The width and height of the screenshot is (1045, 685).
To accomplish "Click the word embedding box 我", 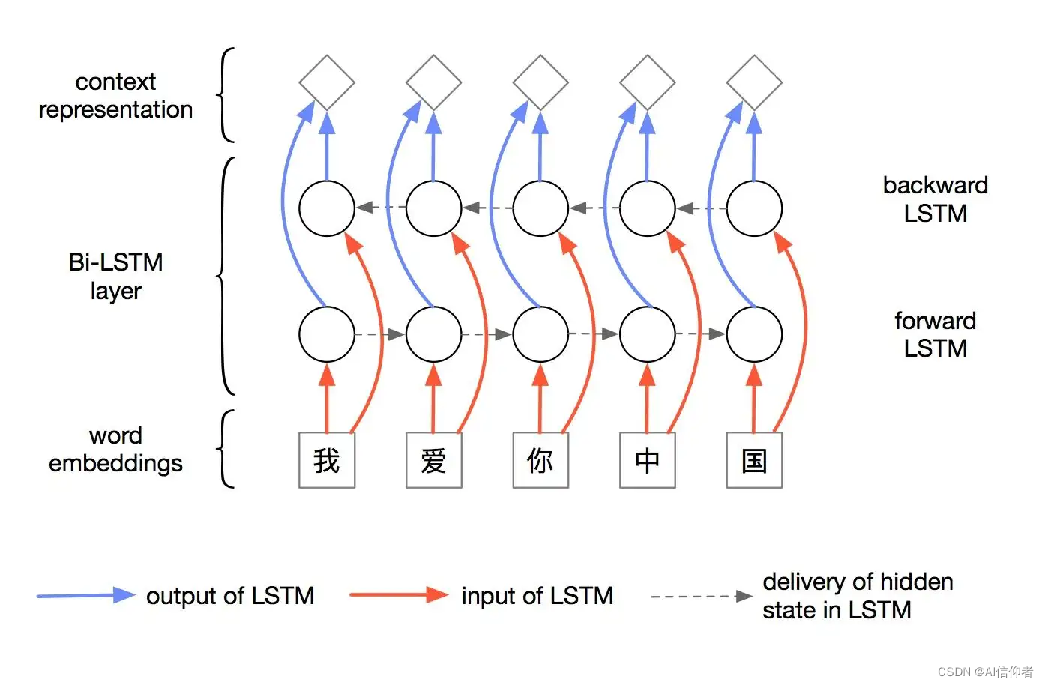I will point(327,460).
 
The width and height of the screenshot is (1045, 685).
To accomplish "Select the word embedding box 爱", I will point(433,460).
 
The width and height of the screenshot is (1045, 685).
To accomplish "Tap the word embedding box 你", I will point(540,460).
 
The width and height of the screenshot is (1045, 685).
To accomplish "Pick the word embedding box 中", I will point(648,460).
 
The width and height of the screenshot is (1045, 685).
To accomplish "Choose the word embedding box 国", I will point(754,460).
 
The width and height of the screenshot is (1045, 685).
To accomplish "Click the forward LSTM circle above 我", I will point(327,334).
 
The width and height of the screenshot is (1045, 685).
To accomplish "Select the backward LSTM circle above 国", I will point(754,208).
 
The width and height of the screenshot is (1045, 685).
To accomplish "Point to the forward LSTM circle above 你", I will point(540,334).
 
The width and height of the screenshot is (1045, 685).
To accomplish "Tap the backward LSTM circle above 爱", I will point(433,208).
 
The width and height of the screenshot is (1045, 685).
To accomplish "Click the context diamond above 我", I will point(327,82).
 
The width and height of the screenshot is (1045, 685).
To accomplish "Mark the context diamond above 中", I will point(648,82).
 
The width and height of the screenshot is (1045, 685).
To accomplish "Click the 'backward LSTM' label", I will point(935,199).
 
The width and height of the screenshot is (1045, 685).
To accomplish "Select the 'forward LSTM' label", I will point(935,334).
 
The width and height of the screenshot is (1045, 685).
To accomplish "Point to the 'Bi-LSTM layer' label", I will point(115,276).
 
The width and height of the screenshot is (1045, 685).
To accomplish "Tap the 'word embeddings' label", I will point(115,449).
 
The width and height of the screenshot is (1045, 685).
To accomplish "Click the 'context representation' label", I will point(115,95).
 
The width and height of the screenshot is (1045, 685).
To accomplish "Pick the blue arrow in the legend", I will point(86,596).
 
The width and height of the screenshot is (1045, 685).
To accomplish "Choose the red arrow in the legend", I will point(399,595).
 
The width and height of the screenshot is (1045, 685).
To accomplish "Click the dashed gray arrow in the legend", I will point(702,597).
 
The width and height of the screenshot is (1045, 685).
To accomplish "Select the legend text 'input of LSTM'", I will point(537,596).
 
